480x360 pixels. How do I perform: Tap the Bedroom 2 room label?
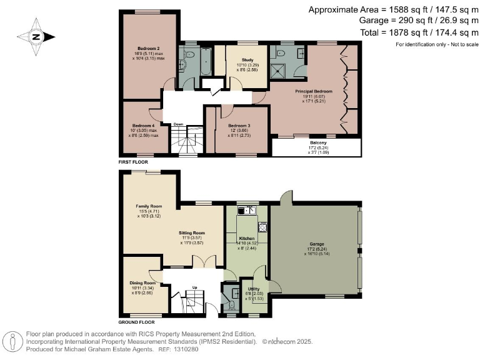pos(149,48)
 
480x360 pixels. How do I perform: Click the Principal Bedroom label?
pos(314,92)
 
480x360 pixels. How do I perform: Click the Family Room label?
pos(149,206)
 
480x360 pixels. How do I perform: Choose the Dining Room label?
pos(141,283)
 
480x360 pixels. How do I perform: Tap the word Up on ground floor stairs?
pos(194,288)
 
